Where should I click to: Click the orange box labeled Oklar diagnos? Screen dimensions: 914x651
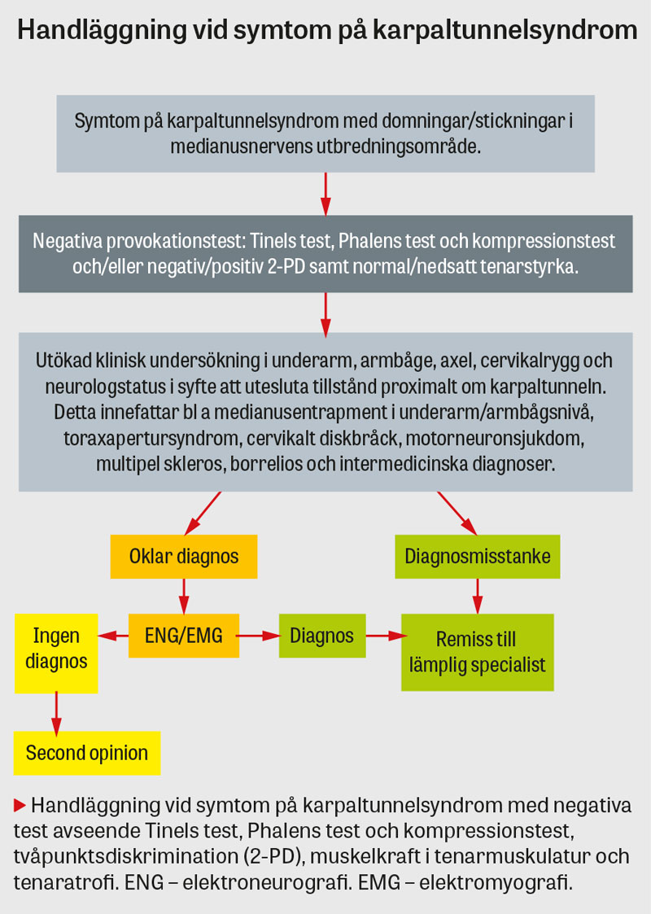pos(184,557)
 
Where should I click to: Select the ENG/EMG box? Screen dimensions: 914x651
pos(184,636)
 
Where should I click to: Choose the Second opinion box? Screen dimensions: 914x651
pos(87,753)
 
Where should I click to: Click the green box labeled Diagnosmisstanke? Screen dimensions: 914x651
pos(478,557)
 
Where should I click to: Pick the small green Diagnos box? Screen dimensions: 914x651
pos(321,636)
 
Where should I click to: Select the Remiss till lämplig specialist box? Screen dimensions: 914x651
pos(477,652)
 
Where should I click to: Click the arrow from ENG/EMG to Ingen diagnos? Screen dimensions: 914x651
pos(113,636)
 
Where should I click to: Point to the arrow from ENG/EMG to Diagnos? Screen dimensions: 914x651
pos(259,636)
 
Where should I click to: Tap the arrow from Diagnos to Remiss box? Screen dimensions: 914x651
pos(383,636)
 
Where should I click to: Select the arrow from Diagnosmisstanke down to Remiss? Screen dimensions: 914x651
pos(478,596)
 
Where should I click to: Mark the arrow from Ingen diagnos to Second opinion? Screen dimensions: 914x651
pos(56,711)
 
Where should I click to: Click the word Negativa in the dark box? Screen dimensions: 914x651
pos(68,242)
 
